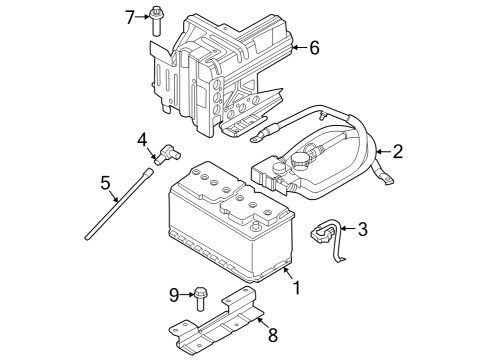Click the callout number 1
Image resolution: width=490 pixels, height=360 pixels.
point(295,288)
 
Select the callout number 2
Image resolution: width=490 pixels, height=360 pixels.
point(397,152)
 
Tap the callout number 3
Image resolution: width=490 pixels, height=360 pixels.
point(362,230)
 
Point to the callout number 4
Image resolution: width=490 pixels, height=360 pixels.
point(142,139)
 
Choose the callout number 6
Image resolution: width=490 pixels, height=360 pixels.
point(313,47)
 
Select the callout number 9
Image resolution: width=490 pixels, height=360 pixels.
point(173,294)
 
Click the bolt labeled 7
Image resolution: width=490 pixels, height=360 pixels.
point(158,16)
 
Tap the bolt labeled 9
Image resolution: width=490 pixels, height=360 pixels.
point(201,296)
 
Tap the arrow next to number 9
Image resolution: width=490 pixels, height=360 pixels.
point(186,294)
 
